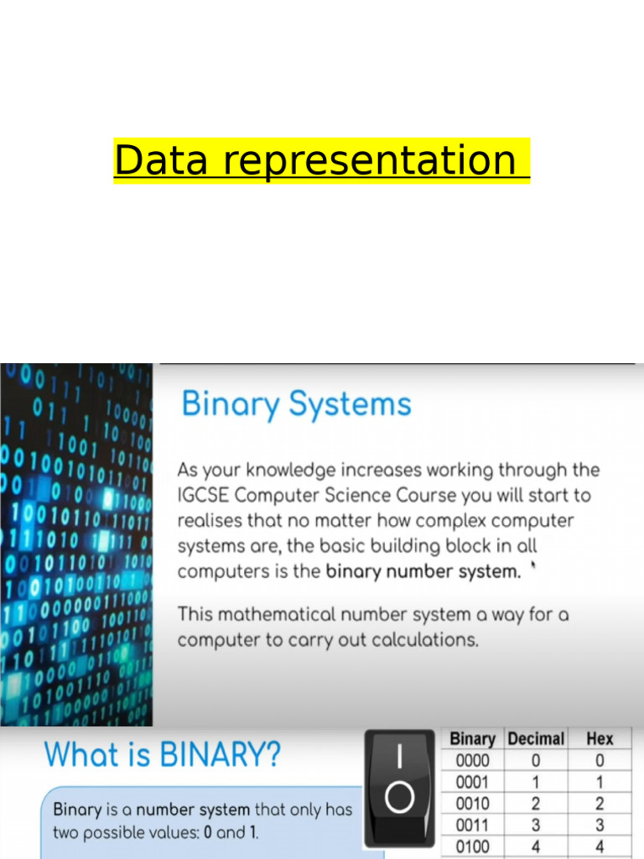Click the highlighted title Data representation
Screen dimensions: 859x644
(321, 160)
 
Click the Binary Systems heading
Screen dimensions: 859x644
(296, 404)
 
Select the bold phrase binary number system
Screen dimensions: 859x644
(423, 571)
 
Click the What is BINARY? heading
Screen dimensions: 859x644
(163, 755)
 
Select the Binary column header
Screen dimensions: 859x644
(472, 739)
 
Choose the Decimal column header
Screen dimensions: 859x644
(535, 739)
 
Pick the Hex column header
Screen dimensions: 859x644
(600, 739)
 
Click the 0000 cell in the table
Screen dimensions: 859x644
(472, 761)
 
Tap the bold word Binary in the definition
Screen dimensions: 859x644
(77, 810)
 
